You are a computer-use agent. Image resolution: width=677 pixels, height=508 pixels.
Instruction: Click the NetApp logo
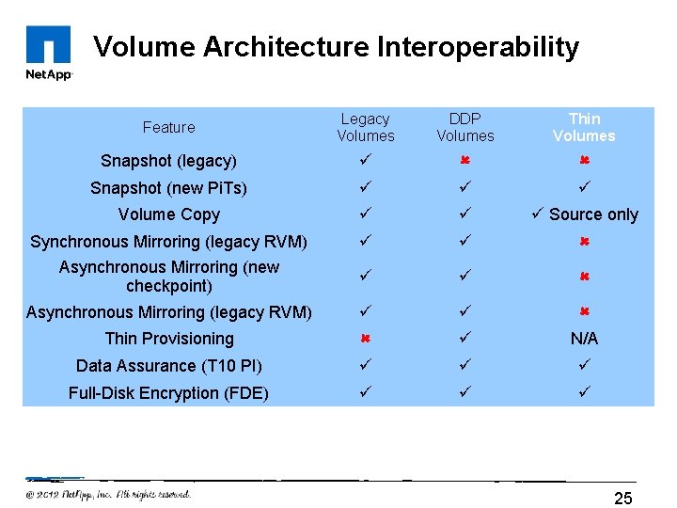point(49,53)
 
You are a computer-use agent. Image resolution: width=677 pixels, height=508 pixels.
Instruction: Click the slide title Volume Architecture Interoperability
point(336,47)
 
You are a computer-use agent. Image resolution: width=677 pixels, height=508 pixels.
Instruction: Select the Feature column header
point(169,127)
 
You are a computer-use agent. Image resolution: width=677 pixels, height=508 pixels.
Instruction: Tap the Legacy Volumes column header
point(366,127)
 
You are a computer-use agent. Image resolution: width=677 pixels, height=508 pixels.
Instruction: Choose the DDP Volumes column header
point(464,127)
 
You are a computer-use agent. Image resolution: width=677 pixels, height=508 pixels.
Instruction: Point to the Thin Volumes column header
point(584,127)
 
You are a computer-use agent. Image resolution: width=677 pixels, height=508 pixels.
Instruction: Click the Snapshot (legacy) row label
point(169,161)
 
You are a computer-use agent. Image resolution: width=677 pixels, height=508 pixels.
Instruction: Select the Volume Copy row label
point(169,214)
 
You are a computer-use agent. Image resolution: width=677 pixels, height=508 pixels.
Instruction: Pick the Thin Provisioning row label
point(169,339)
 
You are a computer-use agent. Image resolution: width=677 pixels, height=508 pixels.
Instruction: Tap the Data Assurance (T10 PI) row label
point(169,366)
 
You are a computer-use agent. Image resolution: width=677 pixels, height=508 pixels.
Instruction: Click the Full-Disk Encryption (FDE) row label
point(169,393)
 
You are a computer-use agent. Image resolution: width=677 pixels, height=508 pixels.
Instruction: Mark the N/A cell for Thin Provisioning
point(584,339)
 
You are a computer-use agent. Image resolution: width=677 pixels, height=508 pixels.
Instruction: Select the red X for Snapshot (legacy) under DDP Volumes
point(464,161)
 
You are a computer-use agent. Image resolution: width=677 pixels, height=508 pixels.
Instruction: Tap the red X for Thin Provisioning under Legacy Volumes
point(366,339)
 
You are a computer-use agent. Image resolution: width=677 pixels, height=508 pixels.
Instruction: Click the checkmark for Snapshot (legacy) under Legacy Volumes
point(366,161)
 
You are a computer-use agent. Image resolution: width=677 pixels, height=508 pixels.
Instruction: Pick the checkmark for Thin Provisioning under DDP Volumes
point(464,339)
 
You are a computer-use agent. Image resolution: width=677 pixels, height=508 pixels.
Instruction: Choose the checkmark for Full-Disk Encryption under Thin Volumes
point(584,393)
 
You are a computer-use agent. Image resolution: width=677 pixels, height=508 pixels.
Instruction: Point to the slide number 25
point(623,498)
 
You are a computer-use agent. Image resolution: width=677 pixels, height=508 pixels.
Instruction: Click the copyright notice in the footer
point(108,494)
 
